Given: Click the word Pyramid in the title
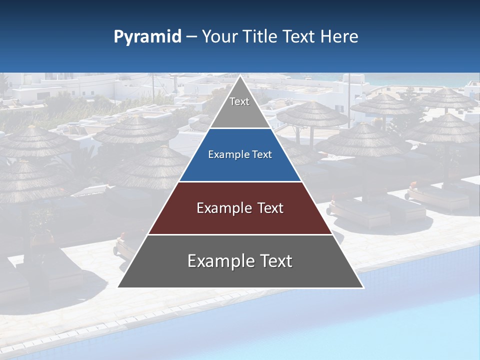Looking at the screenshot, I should tap(147, 37).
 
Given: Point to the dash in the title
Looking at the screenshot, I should tap(191, 37).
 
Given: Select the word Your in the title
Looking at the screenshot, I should tap(219, 37).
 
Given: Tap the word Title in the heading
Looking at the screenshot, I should tap(260, 37).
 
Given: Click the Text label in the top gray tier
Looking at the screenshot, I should tap(239, 101).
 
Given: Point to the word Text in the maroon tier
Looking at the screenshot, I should tap(270, 208).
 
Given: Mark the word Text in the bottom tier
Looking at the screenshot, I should tap(276, 261).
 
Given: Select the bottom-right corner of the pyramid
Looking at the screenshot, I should tap(362, 287).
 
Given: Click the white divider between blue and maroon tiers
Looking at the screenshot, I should tap(240, 181).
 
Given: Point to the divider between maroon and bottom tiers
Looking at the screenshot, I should tap(240, 234).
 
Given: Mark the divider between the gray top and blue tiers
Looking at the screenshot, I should tap(240, 128).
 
